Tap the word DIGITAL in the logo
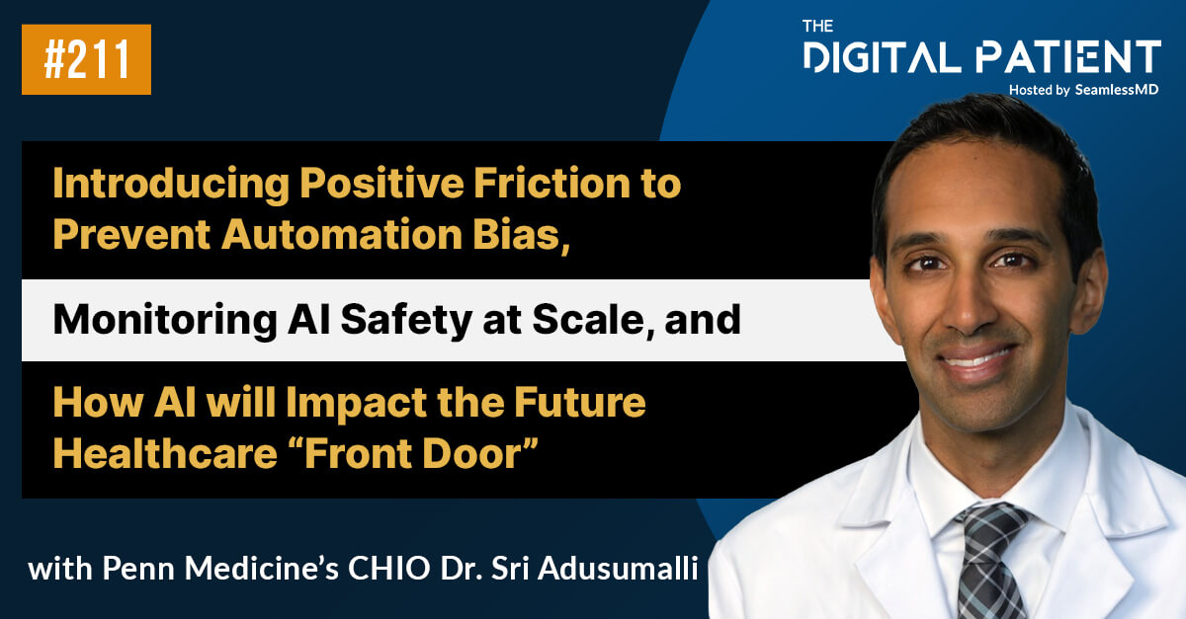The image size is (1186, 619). tap(884, 57)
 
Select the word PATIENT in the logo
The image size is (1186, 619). tap(1067, 57)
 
